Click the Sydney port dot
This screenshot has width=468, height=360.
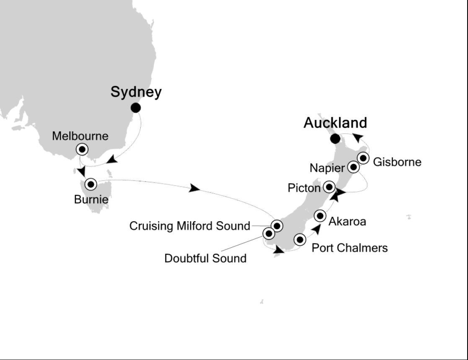point(135,108)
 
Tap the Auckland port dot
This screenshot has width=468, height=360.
point(335,139)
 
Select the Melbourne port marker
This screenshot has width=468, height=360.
point(82,149)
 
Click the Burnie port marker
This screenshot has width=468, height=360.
point(90,184)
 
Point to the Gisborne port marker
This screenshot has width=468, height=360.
point(363,158)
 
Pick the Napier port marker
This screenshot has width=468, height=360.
point(354,167)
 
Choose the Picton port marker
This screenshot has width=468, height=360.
point(329,186)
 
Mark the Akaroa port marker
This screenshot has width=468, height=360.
point(320,216)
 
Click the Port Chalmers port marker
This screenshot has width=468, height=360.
point(300,240)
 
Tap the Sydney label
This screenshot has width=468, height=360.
point(136,92)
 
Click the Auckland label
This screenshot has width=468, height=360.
point(335,123)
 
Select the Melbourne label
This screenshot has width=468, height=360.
point(80,136)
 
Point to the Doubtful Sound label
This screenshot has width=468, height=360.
point(205,258)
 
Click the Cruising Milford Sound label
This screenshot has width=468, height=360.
point(189,226)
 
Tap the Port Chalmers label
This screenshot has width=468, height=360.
point(350,248)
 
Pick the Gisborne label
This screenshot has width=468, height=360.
point(397,162)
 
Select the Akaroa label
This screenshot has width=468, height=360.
point(347,221)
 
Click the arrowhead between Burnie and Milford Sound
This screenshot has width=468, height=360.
point(194,188)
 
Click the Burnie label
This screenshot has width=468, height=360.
point(91,199)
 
